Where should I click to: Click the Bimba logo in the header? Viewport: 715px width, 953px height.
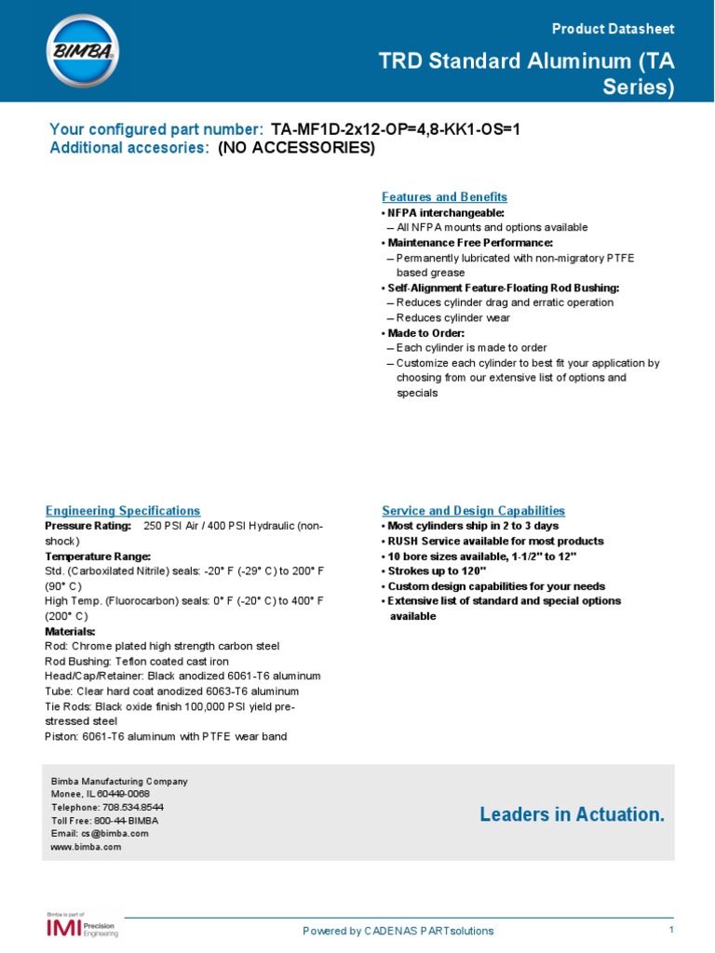(x=82, y=51)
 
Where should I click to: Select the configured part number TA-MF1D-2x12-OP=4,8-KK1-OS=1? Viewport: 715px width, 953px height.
(x=395, y=130)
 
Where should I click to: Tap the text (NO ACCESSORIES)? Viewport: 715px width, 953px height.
(x=296, y=148)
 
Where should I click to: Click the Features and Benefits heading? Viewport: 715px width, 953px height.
(x=444, y=197)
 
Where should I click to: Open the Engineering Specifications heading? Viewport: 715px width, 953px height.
(x=123, y=511)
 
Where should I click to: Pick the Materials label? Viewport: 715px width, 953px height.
(x=70, y=631)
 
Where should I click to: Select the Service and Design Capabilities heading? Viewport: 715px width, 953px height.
(x=473, y=511)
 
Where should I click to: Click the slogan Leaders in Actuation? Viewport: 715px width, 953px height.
(x=573, y=815)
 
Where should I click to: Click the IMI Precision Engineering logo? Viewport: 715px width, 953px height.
(x=83, y=927)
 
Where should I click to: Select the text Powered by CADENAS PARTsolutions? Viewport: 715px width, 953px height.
(x=398, y=931)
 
